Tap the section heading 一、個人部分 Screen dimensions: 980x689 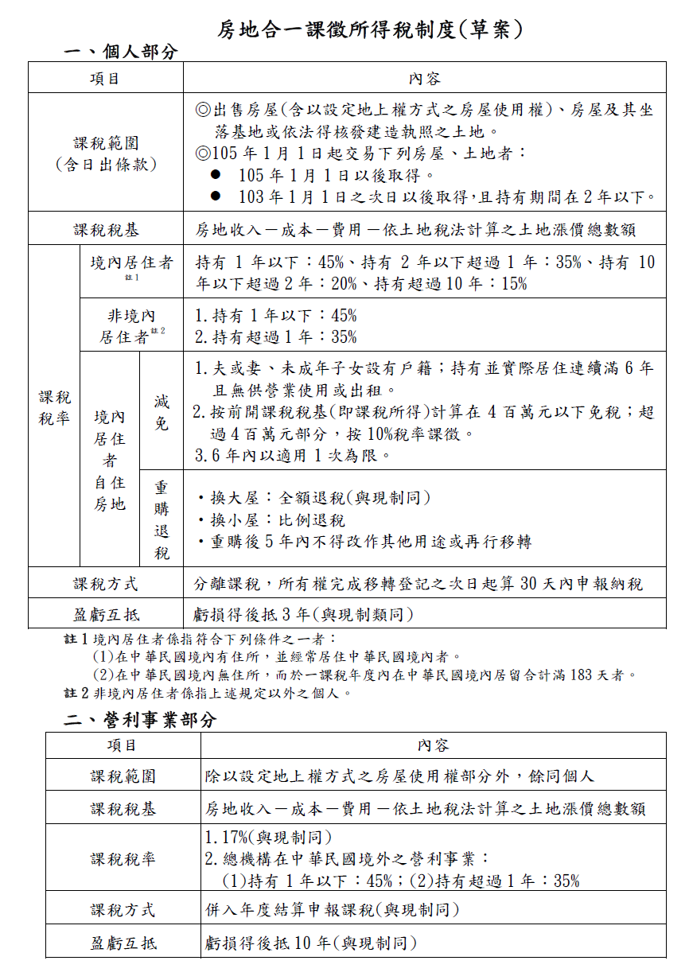[x=121, y=52]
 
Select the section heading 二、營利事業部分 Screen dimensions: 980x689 [x=140, y=720]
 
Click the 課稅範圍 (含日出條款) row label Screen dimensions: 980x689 [x=106, y=154]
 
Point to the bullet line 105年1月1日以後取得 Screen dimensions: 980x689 [x=337, y=175]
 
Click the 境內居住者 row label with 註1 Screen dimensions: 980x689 [x=131, y=264]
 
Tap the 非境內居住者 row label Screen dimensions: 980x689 [x=131, y=325]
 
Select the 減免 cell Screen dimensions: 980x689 [x=162, y=412]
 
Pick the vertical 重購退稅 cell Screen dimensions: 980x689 [x=162, y=519]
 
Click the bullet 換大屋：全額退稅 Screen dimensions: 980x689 [x=313, y=498]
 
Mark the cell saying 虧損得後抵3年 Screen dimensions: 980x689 [x=303, y=614]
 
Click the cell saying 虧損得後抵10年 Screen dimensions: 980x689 [x=310, y=943]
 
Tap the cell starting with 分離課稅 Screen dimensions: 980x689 [x=418, y=584]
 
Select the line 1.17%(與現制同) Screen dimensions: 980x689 [x=268, y=837]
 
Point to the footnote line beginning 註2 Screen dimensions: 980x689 [x=207, y=693]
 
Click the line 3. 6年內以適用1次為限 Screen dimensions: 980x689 [x=292, y=455]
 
